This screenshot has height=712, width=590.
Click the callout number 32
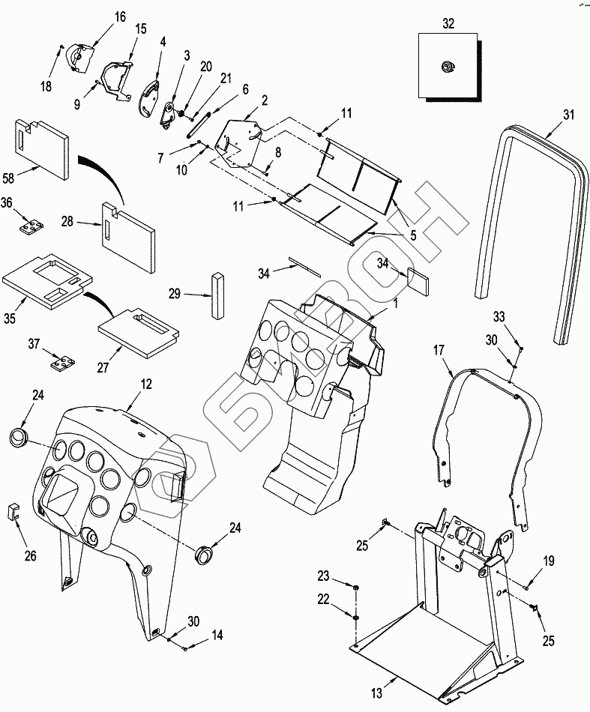click(448, 23)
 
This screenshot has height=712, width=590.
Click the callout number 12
click(146, 384)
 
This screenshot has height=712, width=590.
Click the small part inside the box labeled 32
click(448, 67)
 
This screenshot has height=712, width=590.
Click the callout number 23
click(322, 576)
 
